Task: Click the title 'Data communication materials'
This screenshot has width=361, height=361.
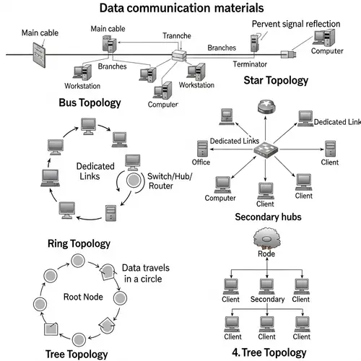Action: [180, 9]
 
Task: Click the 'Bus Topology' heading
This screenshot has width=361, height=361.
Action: [90, 103]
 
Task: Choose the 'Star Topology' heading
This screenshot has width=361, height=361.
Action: [275, 79]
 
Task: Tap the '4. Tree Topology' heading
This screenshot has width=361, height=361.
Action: [270, 352]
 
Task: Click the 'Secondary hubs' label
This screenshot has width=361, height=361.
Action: [269, 217]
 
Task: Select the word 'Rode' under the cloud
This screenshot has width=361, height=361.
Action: [267, 253]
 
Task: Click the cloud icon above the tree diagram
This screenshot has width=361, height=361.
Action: [267, 238]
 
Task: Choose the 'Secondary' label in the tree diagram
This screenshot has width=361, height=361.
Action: [267, 299]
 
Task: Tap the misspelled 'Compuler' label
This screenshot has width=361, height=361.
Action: [162, 104]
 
